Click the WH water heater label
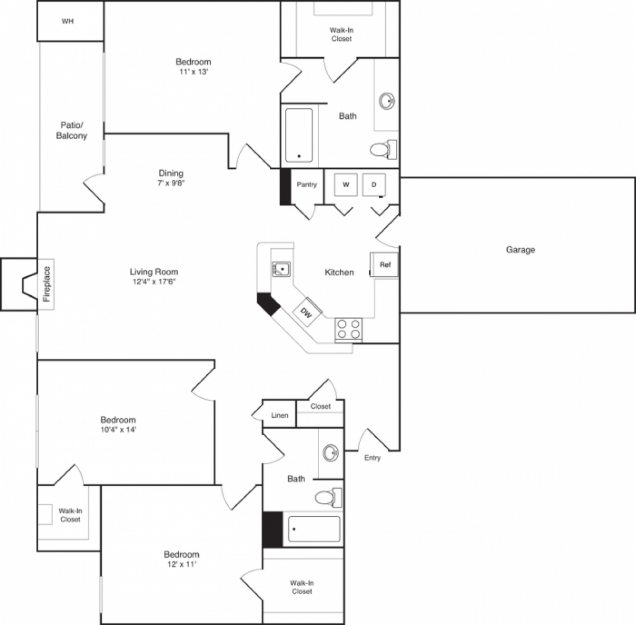[x=67, y=22]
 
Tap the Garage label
[x=520, y=250]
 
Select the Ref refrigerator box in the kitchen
[x=385, y=265]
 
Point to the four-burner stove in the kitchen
[x=348, y=328]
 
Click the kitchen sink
[x=281, y=269]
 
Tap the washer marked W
[x=346, y=184]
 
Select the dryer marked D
[x=374, y=184]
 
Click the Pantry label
[x=307, y=184]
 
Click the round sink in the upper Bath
[x=387, y=101]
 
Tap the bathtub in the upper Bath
[x=299, y=135]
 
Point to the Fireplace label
[x=46, y=284]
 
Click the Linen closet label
[x=280, y=415]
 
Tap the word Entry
[x=372, y=457]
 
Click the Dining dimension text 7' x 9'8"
[x=171, y=183]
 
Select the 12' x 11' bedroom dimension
[x=181, y=565]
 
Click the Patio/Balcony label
[x=72, y=130]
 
